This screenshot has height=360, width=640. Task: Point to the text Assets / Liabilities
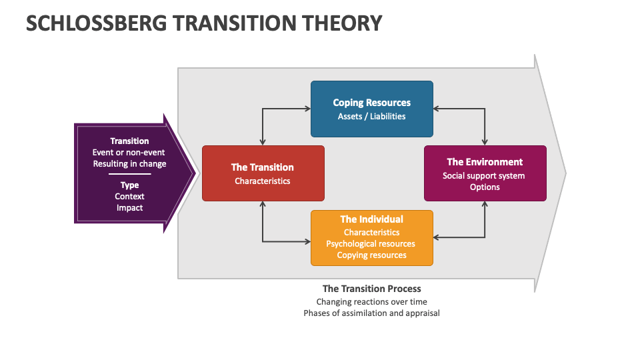click(x=371, y=116)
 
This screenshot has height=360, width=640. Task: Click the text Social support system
click(x=484, y=176)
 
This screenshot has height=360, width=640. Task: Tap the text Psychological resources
click(x=371, y=244)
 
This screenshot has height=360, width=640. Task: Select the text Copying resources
click(x=371, y=255)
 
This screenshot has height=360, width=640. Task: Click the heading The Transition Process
click(x=371, y=289)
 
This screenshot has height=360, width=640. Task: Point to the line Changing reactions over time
click(x=371, y=302)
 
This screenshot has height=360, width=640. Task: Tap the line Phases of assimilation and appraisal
click(x=371, y=313)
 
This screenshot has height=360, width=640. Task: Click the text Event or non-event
click(x=129, y=153)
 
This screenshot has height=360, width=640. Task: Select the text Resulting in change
click(x=129, y=164)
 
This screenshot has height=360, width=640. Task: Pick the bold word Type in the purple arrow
click(x=129, y=185)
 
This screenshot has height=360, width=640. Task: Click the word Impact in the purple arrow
click(x=129, y=207)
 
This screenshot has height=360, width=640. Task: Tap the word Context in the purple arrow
click(x=129, y=196)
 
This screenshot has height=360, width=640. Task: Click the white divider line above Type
click(x=129, y=174)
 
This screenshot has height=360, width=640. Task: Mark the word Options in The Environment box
click(x=485, y=187)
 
